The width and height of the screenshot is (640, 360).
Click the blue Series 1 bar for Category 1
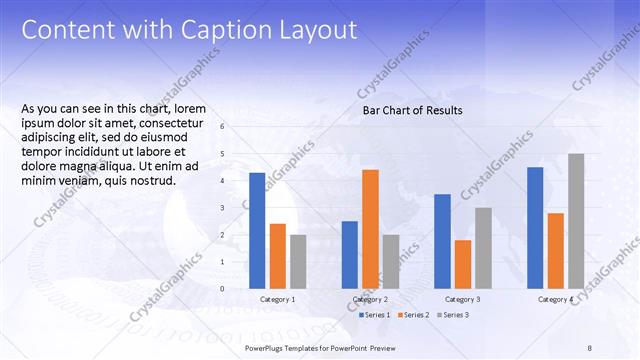coord(257,230)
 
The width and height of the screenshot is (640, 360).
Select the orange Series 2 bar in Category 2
coord(370,229)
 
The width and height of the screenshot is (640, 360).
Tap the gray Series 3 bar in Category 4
coord(576,221)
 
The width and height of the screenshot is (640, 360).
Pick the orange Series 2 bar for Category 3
coord(462,264)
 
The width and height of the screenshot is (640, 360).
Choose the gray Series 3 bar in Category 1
coord(298,261)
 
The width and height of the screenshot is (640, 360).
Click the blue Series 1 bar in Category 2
coord(349,254)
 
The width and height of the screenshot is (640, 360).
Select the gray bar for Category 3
coord(483,248)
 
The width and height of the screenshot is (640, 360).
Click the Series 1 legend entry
coord(376,315)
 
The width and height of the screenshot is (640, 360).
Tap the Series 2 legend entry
coord(415,315)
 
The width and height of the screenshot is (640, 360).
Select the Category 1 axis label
coord(277,300)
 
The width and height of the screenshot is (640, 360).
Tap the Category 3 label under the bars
coord(462,300)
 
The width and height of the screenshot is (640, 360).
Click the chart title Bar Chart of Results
coord(412,110)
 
